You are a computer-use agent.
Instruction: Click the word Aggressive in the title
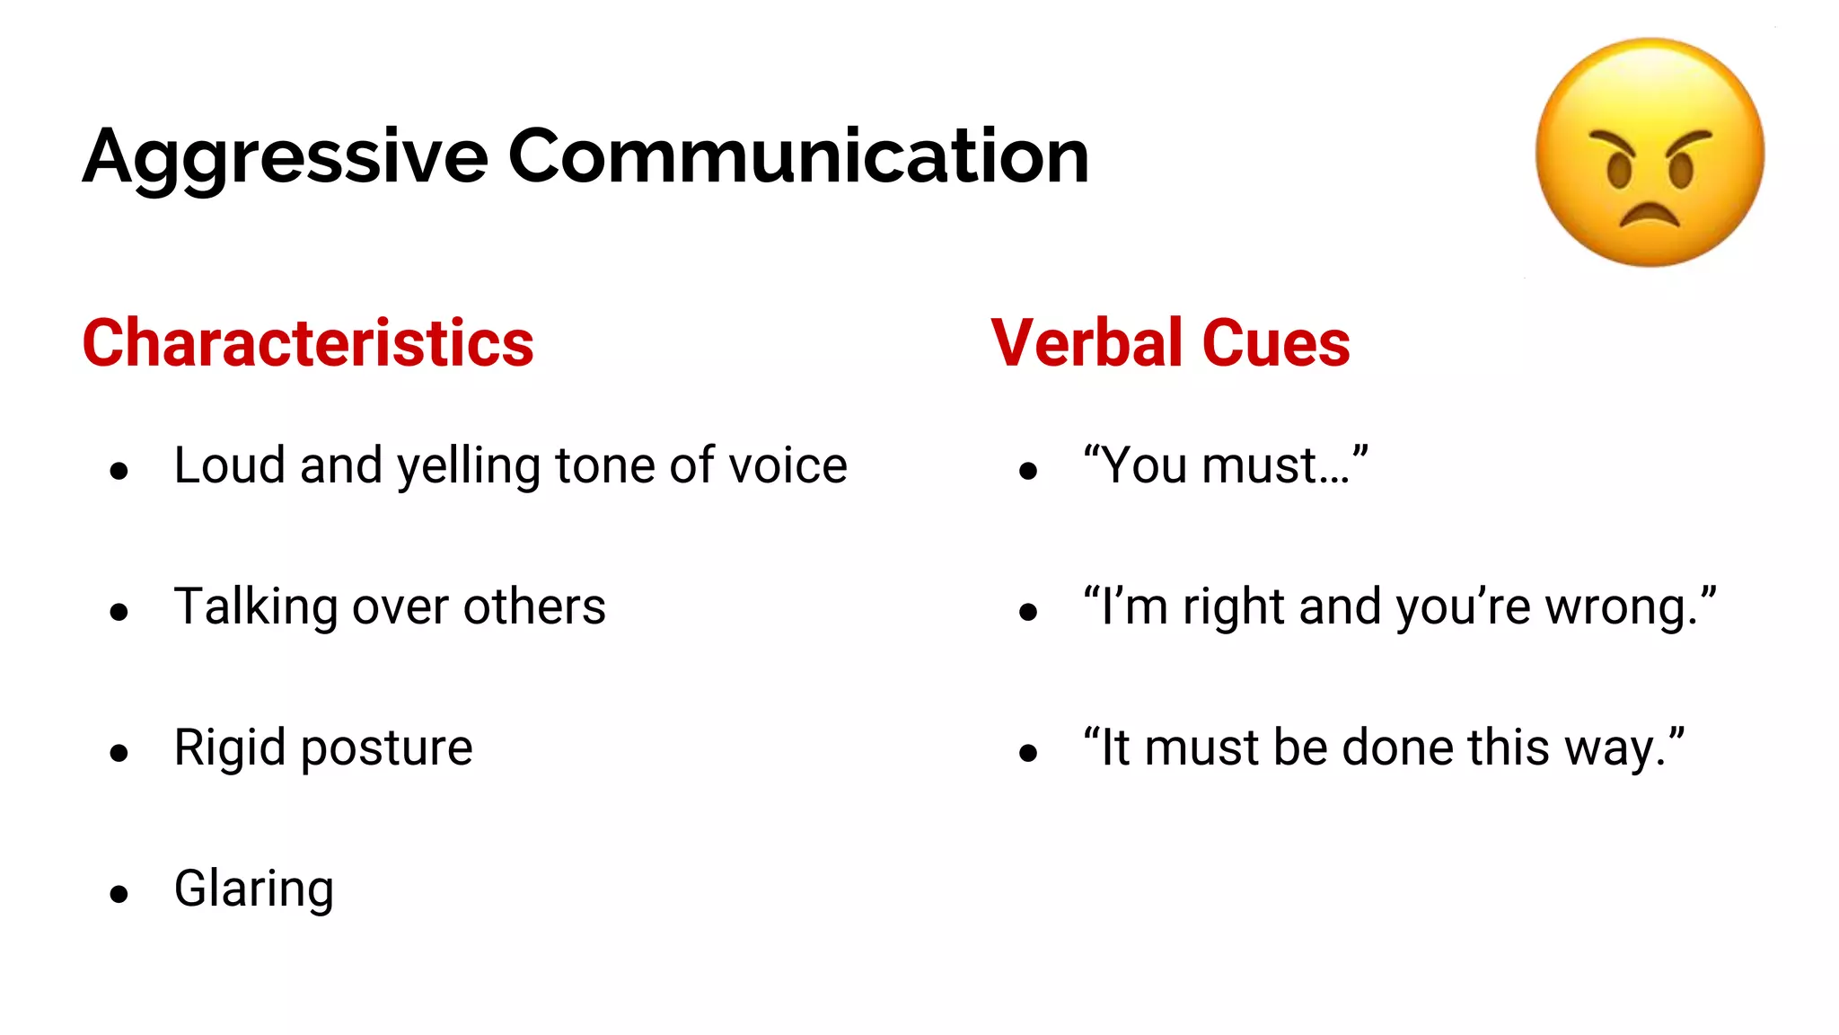[x=286, y=158]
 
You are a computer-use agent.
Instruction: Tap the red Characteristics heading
[x=308, y=343]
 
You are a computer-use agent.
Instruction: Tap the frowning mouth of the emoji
[x=1649, y=217]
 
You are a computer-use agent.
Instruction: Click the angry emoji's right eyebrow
[x=1688, y=141]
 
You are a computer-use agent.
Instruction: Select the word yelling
[x=469, y=467]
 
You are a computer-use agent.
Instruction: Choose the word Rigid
[x=230, y=748]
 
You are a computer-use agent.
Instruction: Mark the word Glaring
[x=254, y=890]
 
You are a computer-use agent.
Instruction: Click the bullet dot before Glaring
[x=119, y=894]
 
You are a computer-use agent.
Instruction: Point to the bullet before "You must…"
[x=1028, y=471]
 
